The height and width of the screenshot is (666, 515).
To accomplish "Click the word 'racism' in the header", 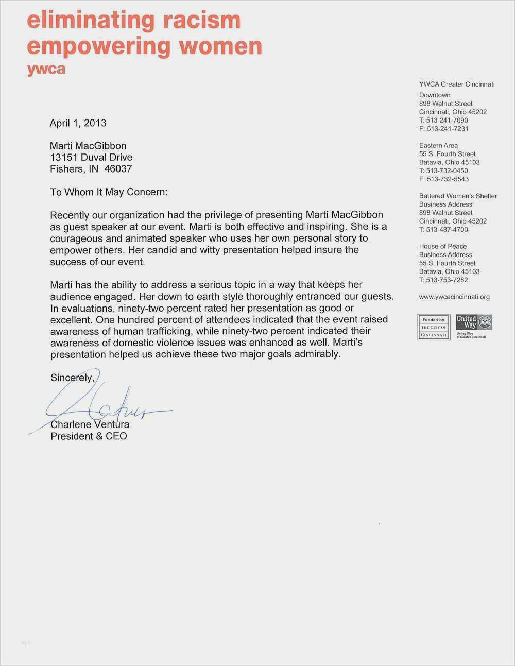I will tap(202, 21).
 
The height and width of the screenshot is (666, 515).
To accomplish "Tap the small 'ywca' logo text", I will tap(46, 69).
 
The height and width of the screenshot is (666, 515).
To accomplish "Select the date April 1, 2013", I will tap(78, 123).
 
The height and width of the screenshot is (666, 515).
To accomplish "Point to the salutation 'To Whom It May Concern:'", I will tap(109, 192).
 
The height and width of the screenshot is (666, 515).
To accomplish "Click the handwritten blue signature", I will tap(103, 407).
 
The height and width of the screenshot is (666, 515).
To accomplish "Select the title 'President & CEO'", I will tap(89, 436).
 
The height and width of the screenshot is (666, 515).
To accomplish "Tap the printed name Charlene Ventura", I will tap(90, 425).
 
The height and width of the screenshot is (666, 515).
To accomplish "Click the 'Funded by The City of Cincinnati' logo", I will tap(433, 327).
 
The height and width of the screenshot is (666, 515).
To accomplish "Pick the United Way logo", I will tap(474, 326).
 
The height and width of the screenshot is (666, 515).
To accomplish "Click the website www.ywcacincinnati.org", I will tap(454, 297).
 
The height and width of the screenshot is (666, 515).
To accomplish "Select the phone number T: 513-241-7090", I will tap(443, 121).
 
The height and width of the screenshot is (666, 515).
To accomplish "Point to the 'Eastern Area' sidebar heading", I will tap(438, 146).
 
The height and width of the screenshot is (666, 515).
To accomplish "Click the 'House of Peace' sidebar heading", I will tap(443, 247).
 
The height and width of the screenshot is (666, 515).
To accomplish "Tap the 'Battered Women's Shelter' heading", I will tap(458, 196).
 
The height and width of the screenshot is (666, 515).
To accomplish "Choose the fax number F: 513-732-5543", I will tap(443, 179).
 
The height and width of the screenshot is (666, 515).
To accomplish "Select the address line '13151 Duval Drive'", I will tap(91, 158).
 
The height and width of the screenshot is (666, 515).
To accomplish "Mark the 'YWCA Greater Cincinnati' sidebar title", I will tap(457, 84).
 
